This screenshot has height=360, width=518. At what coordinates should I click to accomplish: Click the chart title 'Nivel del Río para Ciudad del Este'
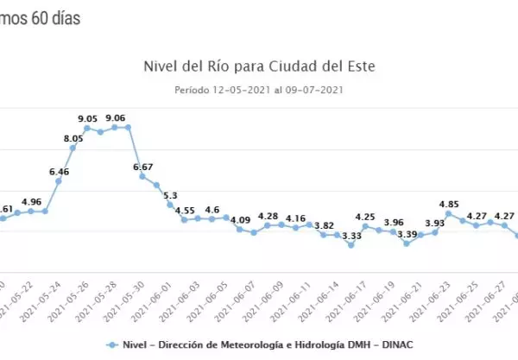259,65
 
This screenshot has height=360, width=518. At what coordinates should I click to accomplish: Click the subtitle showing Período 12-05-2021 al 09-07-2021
259,89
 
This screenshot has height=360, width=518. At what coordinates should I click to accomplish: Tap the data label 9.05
86,118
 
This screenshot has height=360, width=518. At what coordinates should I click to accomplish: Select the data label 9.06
115,118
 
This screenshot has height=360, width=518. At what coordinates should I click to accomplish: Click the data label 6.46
59,172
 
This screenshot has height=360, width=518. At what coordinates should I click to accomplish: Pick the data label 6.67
142,167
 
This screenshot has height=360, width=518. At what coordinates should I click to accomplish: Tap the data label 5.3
170,195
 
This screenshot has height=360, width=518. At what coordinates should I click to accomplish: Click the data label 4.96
31,202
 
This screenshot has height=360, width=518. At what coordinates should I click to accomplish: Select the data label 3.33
351,235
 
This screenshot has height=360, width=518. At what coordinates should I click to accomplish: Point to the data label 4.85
449,204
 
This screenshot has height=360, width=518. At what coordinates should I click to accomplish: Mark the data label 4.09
240,220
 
